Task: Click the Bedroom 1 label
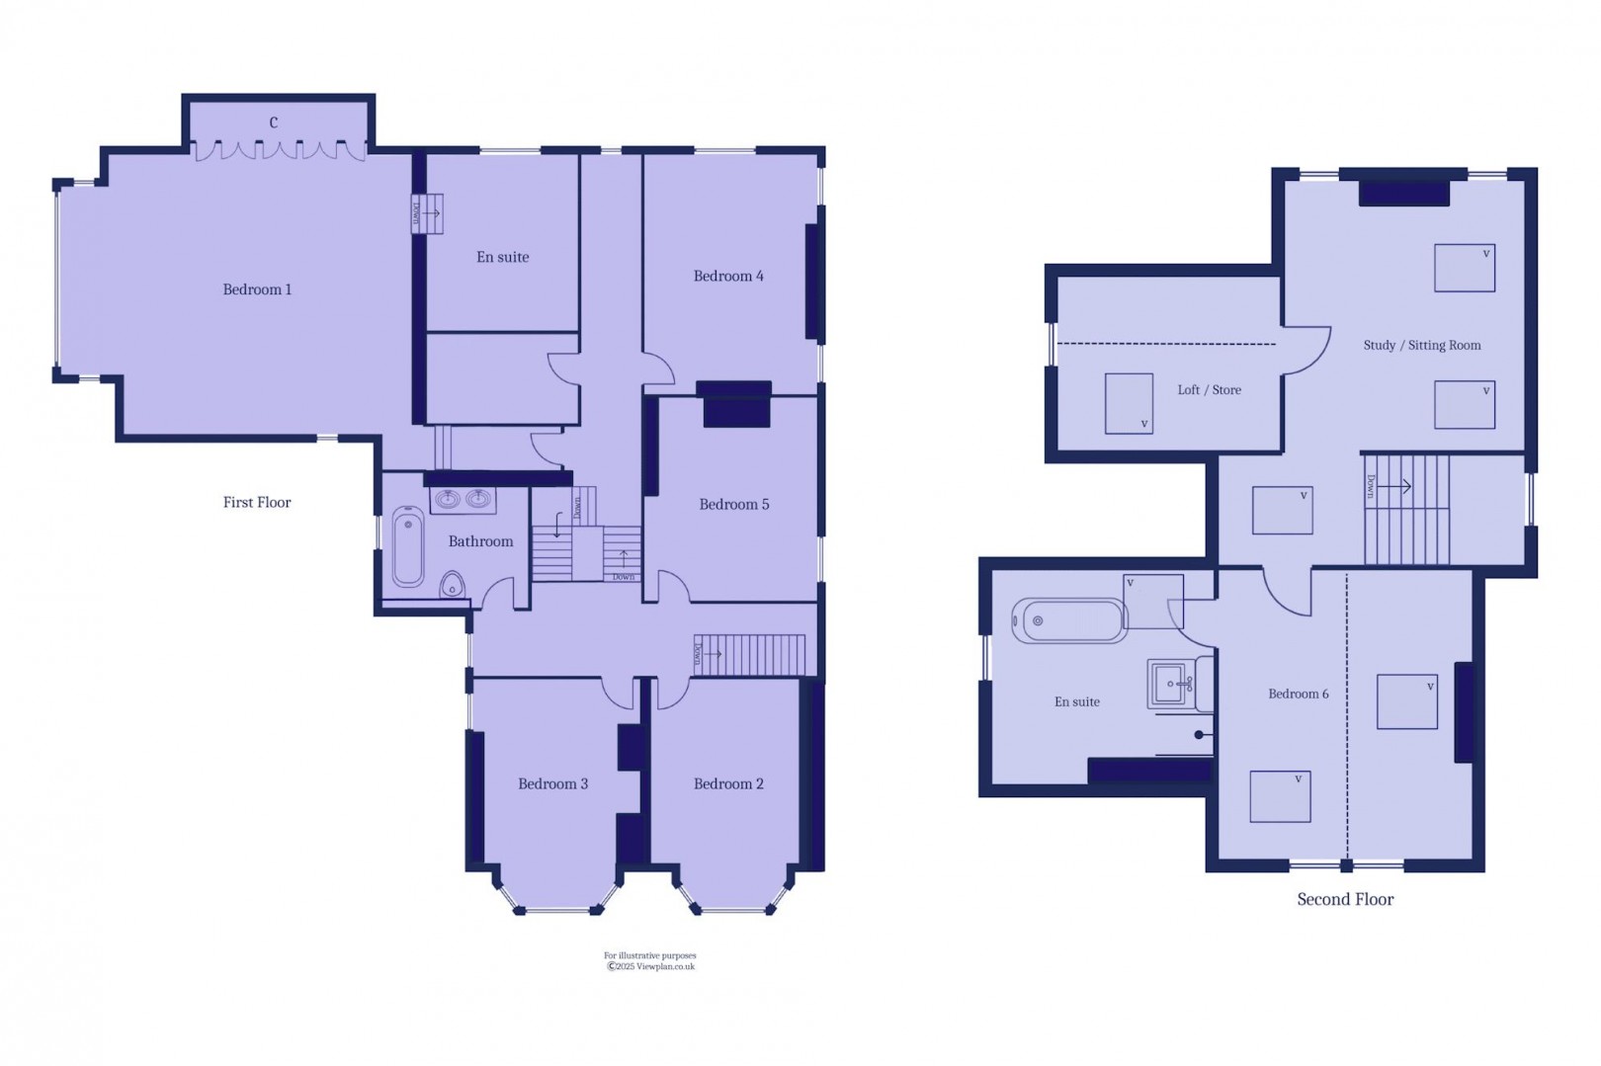(257, 289)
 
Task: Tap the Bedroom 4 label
(728, 276)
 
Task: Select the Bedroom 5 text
(733, 504)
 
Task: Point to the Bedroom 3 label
(552, 783)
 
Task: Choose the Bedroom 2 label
(728, 783)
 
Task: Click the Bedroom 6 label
(1298, 694)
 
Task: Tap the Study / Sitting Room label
(1421, 345)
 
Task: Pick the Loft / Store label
(1209, 389)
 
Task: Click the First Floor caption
(257, 502)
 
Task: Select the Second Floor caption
(1345, 899)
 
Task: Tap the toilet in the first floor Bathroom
(453, 585)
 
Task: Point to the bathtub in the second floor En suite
(1069, 620)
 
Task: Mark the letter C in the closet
(274, 123)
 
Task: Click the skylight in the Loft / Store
(1129, 402)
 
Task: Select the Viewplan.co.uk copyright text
(650, 966)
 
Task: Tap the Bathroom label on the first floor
(480, 541)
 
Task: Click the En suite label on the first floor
(502, 257)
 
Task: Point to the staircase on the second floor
(1406, 509)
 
